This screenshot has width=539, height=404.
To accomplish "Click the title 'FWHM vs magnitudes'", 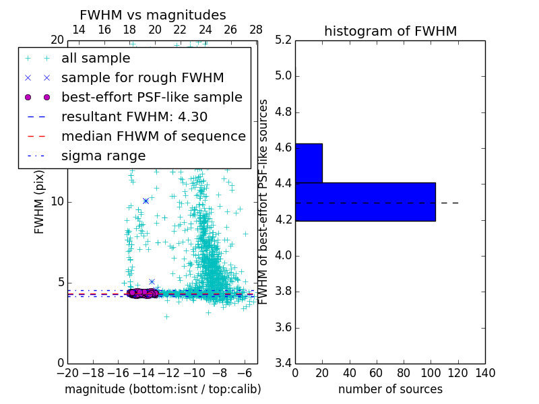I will point(152,15).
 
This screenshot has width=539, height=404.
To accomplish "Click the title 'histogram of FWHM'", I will point(390,31).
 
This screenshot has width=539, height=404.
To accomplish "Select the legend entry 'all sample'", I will point(96,59).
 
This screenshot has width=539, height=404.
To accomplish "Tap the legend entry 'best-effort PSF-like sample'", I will point(152,97).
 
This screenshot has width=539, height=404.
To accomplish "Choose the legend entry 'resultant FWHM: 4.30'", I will point(134,116).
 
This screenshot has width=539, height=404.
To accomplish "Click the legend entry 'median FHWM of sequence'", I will point(153,136).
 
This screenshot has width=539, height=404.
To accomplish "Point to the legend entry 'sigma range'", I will point(103,156).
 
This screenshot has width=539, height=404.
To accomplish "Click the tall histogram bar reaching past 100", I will point(365,201).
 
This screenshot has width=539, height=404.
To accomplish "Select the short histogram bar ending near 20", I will point(309,163).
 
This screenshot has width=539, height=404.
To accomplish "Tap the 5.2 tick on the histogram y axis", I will point(283,40).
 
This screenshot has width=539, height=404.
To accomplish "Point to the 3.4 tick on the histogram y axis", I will point(283,364).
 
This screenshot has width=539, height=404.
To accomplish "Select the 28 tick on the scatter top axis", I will point(256,30).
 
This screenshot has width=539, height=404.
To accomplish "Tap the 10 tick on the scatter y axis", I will point(57,201).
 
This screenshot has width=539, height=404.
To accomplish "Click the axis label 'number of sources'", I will point(390,389).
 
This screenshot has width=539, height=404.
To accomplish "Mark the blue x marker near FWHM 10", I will point(146,201).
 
